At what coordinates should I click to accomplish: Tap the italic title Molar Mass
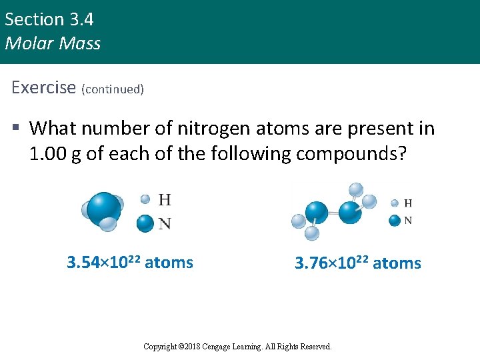53,44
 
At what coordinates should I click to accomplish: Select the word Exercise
44,87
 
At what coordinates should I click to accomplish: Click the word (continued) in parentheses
113,89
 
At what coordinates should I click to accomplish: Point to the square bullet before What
17,128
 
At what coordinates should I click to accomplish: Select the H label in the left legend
165,199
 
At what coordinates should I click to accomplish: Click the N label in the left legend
165,223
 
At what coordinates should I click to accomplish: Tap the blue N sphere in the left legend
145,223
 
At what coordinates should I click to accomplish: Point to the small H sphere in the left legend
145,199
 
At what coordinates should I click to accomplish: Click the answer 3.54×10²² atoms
130,263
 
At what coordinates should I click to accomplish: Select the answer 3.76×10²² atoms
358,263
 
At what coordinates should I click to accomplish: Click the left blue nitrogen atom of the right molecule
317,213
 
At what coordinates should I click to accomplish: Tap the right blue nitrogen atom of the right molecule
350,212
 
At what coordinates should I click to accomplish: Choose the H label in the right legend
408,203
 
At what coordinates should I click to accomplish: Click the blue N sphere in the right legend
395,220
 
